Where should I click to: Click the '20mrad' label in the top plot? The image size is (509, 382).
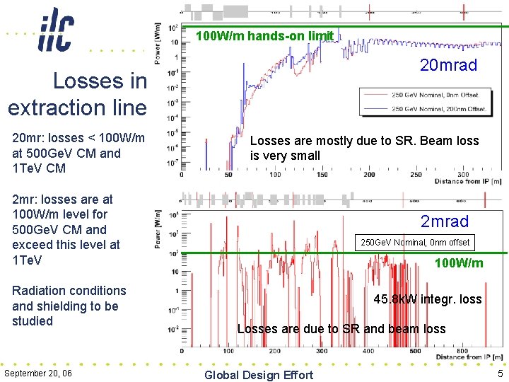click(x=448, y=65)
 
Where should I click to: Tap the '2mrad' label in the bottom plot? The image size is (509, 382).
click(x=445, y=221)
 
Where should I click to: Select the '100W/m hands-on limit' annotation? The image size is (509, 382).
click(x=264, y=35)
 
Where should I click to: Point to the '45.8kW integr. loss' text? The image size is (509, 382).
click(x=428, y=299)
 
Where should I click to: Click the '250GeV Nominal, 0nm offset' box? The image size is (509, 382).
click(x=415, y=243)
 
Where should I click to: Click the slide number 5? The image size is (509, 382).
click(x=500, y=374)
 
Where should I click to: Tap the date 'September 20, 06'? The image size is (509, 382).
click(x=38, y=373)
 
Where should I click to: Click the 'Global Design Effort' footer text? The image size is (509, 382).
click(x=258, y=375)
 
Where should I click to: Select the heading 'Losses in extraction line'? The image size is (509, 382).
click(x=78, y=95)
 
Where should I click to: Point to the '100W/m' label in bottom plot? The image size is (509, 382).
click(x=459, y=263)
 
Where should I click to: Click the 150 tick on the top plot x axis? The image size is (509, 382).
click(x=322, y=175)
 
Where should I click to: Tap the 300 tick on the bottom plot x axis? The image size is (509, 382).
click(x=321, y=350)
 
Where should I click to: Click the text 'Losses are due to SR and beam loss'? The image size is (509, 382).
click(x=341, y=328)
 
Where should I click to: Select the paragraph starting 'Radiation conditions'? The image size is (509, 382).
click(x=69, y=306)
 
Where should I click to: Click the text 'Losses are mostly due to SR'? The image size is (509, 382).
click(x=364, y=148)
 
